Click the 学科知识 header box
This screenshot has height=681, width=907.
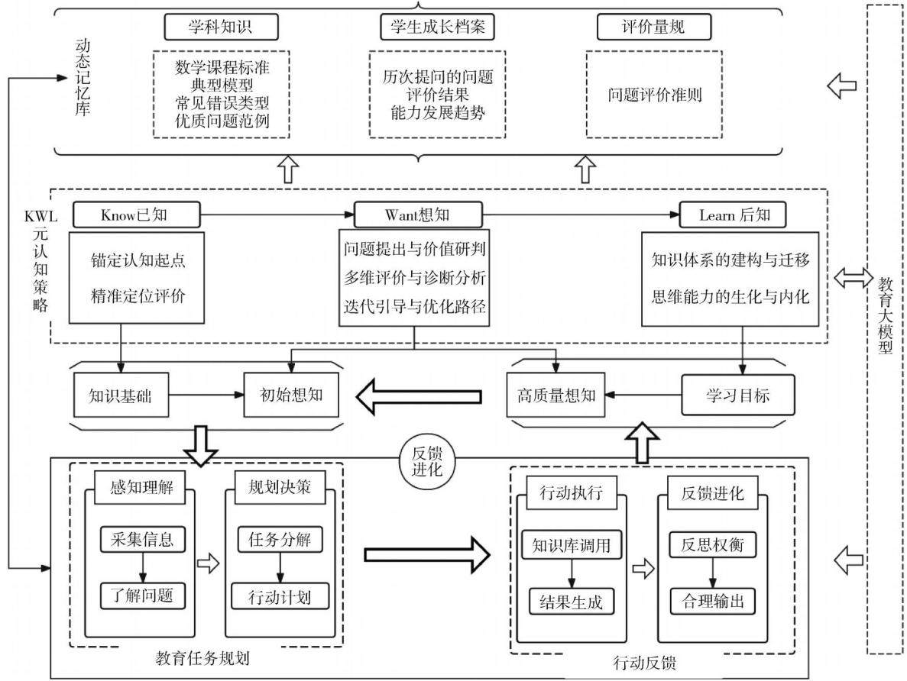(221, 27)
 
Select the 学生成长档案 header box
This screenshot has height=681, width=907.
(437, 27)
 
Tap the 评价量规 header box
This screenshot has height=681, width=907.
(653, 27)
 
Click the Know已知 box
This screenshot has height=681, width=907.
(137, 215)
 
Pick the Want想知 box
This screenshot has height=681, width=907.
(418, 215)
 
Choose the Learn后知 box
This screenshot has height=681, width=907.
(733, 215)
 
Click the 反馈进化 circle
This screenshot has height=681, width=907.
(427, 461)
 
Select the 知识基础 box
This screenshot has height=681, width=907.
(121, 395)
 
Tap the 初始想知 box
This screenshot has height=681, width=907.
(291, 395)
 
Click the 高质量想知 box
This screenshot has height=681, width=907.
(556, 395)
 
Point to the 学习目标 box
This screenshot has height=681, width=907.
(738, 395)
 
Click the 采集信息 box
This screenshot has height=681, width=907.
(142, 539)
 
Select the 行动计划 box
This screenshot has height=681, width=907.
(280, 596)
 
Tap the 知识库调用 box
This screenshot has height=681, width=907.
(572, 544)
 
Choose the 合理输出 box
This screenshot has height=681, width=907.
(713, 602)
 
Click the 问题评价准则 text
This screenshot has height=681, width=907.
(654, 95)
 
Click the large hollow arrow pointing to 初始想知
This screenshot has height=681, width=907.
(419, 396)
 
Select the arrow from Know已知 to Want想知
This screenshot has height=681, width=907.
(277, 215)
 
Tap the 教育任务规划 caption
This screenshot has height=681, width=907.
(202, 658)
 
